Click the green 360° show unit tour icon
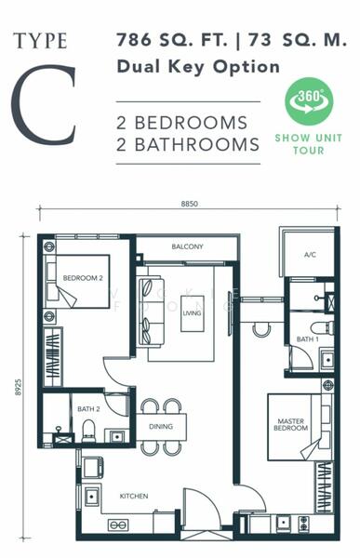coord(309,101)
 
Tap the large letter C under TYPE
coord(44,105)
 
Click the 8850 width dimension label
coord(190,204)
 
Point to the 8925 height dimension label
coord(19,387)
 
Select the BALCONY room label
coord(187,246)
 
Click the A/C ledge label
coord(310,255)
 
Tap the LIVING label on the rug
coord(192,313)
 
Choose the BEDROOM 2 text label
coord(83,278)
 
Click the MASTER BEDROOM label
coord(290,425)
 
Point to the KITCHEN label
coord(134,496)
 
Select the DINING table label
coord(161,426)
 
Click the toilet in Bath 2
coord(88,431)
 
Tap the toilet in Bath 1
coord(322,327)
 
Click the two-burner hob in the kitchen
coord(118,525)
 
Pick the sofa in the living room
coord(152,312)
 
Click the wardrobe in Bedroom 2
coord(53,357)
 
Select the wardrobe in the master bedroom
coord(324,487)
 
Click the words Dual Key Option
coord(198,67)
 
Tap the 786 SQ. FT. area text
coord(172,40)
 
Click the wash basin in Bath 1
coord(327,361)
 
